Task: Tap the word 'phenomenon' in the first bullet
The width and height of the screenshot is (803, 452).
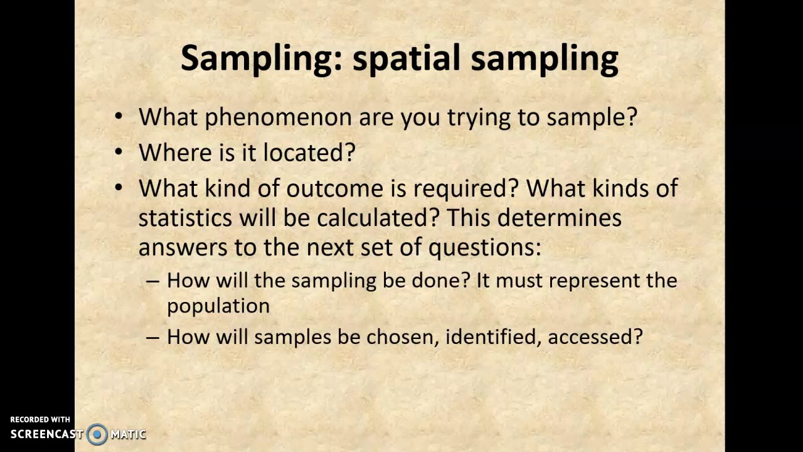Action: (x=279, y=117)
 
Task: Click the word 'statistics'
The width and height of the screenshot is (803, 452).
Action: (x=185, y=218)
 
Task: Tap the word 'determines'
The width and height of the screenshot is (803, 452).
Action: (x=560, y=218)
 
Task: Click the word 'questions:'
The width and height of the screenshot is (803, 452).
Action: (x=484, y=247)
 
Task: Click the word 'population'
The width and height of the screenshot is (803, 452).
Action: (x=218, y=306)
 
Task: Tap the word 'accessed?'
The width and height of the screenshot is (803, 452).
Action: (x=595, y=336)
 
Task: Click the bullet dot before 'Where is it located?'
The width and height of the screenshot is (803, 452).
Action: (x=119, y=153)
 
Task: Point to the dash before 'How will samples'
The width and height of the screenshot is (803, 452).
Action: (x=152, y=337)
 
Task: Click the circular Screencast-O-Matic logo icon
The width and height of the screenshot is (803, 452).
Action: (x=97, y=434)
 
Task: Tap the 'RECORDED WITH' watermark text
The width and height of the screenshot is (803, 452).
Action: (x=40, y=419)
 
